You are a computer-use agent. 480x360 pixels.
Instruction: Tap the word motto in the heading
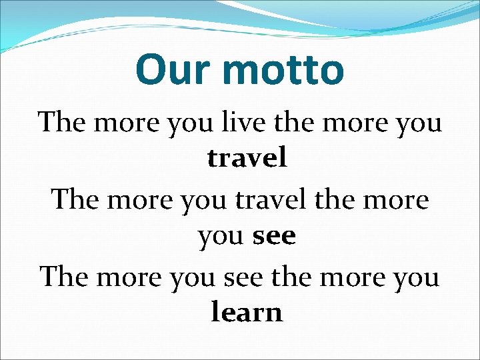click(280, 69)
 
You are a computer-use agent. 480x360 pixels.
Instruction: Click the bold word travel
click(247, 159)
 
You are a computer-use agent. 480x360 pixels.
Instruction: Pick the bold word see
click(274, 236)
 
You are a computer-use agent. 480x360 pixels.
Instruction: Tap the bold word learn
click(247, 313)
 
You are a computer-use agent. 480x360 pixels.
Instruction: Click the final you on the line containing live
click(418, 123)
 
